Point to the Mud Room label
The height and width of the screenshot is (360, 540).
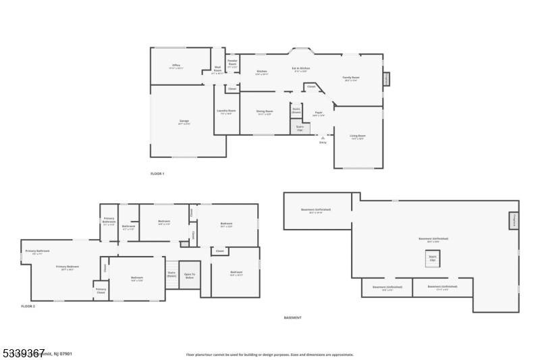[x=217, y=71]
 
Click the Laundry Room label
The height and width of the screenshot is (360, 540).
[x=226, y=111]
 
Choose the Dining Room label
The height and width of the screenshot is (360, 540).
[x=265, y=112]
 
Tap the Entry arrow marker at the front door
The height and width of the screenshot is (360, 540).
[x=323, y=136]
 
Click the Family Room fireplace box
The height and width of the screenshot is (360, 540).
[x=387, y=80]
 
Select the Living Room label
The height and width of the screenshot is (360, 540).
[x=357, y=137]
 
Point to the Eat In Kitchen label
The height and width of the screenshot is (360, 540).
[x=301, y=69]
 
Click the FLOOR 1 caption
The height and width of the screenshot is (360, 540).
[x=157, y=174]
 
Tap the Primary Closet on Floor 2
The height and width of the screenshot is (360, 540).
[x=101, y=291]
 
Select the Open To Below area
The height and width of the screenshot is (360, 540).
[x=190, y=276]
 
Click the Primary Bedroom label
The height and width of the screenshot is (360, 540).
[x=67, y=267]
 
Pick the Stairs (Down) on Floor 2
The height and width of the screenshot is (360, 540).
[x=171, y=274]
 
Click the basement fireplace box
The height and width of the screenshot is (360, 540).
[x=514, y=220]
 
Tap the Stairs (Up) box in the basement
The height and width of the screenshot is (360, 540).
[x=433, y=258]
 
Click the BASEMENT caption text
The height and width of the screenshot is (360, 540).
[x=292, y=317]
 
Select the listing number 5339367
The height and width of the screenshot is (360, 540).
[x=23, y=352]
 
